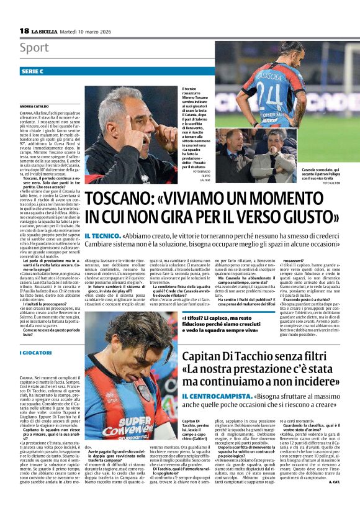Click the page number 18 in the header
24,30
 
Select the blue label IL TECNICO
102,237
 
